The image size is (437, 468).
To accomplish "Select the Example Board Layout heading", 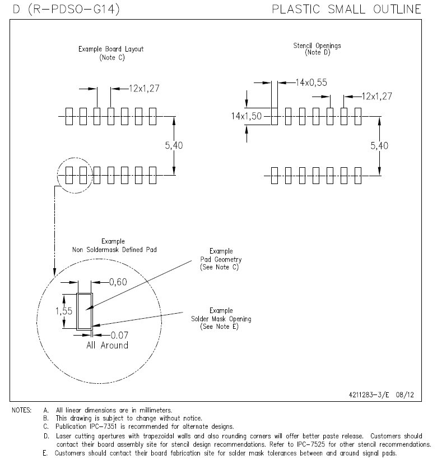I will [111, 49].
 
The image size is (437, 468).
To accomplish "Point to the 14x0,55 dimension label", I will [311, 82].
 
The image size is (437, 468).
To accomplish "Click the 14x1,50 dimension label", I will [247, 116].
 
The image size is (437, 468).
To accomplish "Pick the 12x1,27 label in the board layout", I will [145, 88].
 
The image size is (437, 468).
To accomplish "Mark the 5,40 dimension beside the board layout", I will [174, 145].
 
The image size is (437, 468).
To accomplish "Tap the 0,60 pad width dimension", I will [118, 282].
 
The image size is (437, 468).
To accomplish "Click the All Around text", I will [107, 345].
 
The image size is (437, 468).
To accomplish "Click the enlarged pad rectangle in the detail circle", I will [85, 310].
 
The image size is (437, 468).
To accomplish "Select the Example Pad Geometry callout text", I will [221, 259].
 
